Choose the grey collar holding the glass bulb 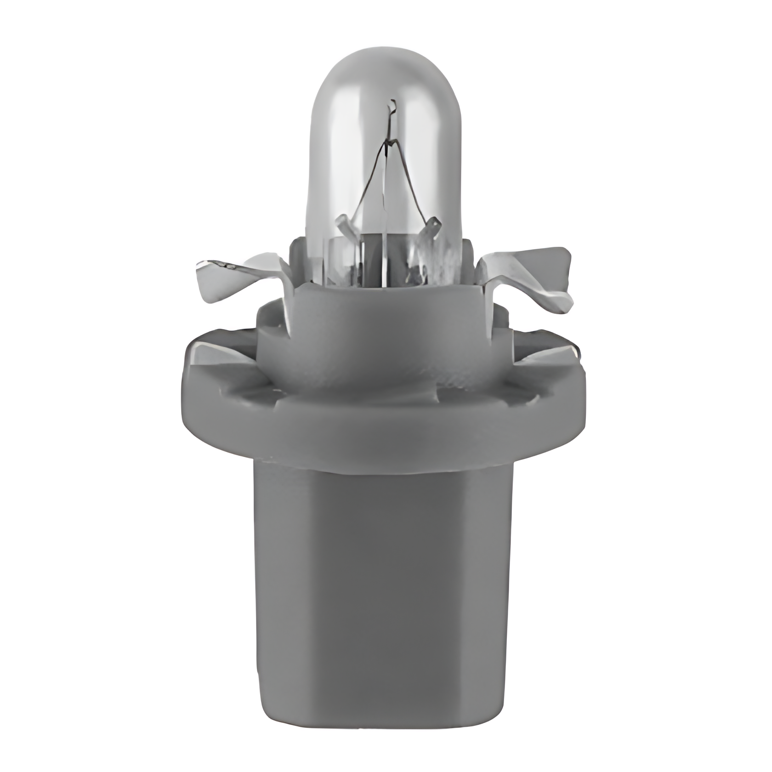coord(384,331)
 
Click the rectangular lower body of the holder coord(384,597)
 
